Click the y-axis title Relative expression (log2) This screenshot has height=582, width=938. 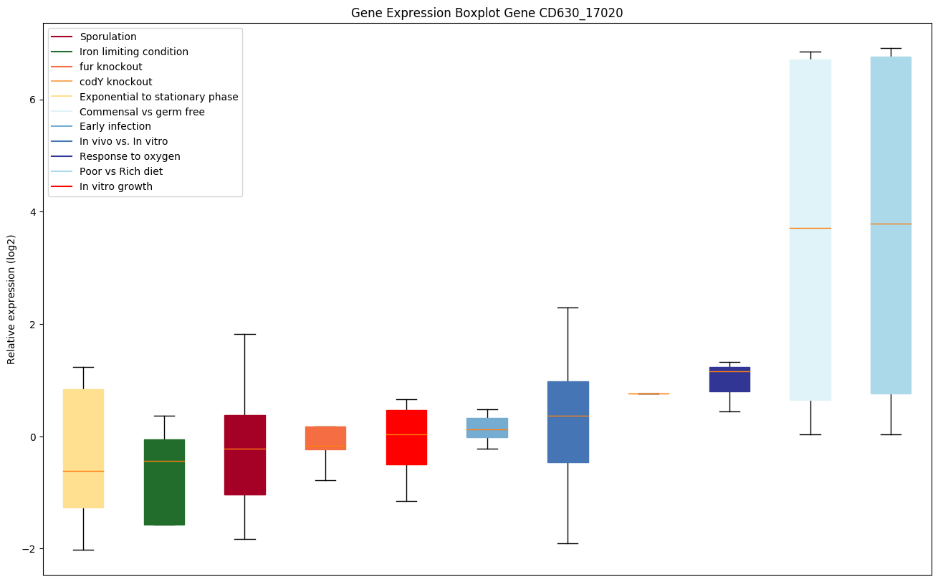click(x=11, y=299)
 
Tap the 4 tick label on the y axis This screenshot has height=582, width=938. click(x=33, y=212)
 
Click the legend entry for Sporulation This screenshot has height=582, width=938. click(x=108, y=37)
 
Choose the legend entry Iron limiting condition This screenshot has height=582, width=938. click(x=134, y=52)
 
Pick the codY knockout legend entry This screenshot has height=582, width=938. click(x=116, y=82)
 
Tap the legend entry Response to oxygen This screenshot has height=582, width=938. click(x=130, y=157)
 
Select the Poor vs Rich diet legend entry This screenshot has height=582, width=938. click(x=121, y=172)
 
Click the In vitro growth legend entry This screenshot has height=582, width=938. click(x=116, y=187)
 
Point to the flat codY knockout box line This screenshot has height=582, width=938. click(x=649, y=393)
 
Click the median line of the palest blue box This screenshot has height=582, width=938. click(x=810, y=228)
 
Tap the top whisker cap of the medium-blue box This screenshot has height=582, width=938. click(x=568, y=307)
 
